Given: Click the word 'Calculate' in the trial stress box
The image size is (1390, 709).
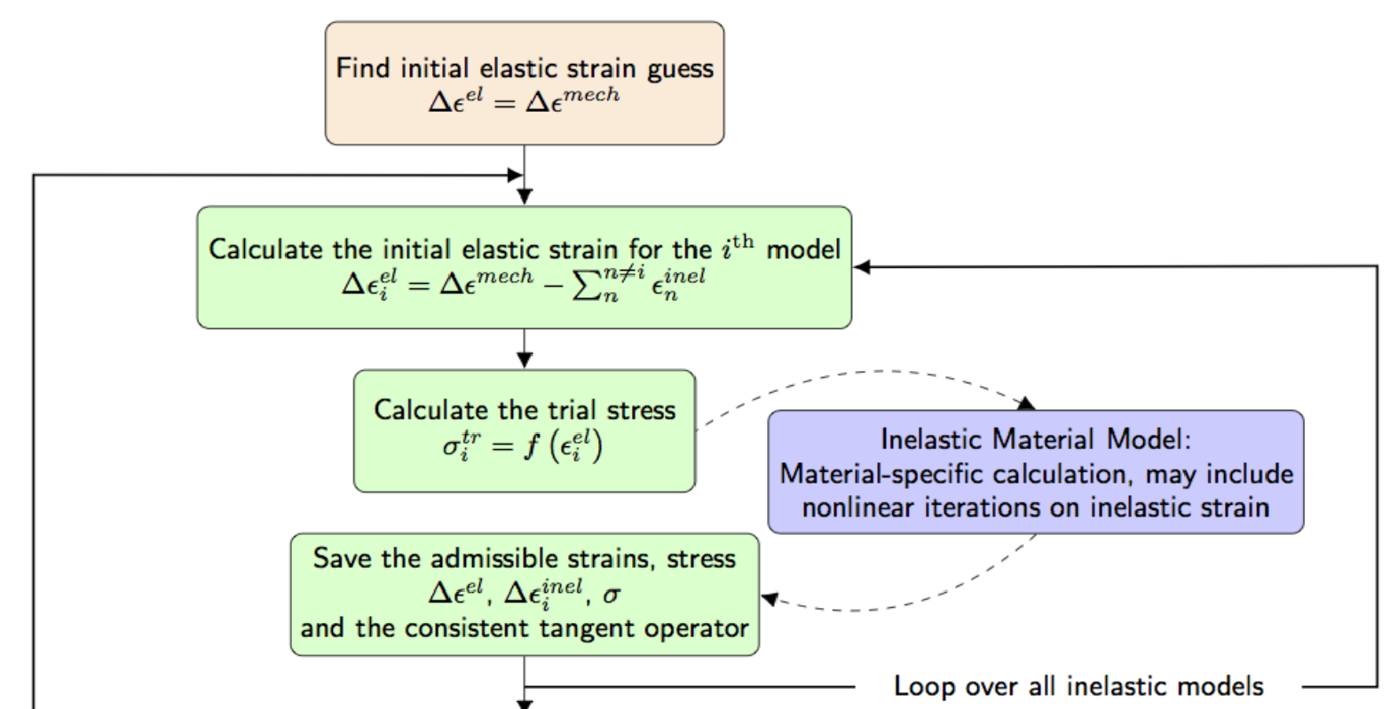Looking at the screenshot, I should point(427,410).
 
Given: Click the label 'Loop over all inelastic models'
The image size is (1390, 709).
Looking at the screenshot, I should point(1078,686).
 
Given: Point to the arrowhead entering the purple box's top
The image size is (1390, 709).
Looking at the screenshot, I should point(1027,403).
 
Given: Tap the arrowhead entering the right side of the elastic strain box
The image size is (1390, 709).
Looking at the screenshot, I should point(861,266).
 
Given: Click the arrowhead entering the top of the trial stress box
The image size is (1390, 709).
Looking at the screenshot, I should point(525,359).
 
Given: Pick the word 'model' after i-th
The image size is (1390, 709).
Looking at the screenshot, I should point(802,249).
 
